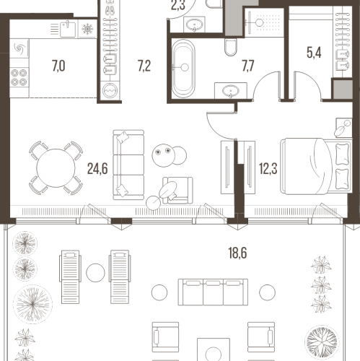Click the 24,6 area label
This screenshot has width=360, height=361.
click(97, 168)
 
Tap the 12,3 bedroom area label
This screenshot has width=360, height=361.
click(268, 168)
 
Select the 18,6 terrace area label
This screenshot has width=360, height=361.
click(237, 253)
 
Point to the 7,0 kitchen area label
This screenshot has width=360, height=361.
click(58, 66)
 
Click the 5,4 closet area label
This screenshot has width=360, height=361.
click(314, 53)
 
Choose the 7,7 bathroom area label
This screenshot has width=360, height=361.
click(248, 66)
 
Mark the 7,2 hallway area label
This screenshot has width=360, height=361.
click(144, 66)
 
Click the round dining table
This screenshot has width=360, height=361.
click(56, 168)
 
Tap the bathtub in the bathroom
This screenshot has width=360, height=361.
click(183, 69)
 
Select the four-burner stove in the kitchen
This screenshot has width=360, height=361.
click(19, 77)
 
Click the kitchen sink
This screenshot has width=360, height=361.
click(68, 29)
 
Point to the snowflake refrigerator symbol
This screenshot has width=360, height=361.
click(87, 29)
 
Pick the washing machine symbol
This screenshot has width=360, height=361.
click(110, 91)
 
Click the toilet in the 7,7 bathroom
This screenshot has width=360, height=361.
click(231, 47)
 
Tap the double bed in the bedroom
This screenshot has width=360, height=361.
click(315, 166)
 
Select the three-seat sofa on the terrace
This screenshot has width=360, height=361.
click(213, 292)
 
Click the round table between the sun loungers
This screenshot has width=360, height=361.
click(95, 273)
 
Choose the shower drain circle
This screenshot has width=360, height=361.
click(260, 22)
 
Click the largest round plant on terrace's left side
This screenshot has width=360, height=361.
click(32, 305)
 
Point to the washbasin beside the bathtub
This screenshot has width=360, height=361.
click(231, 91)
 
